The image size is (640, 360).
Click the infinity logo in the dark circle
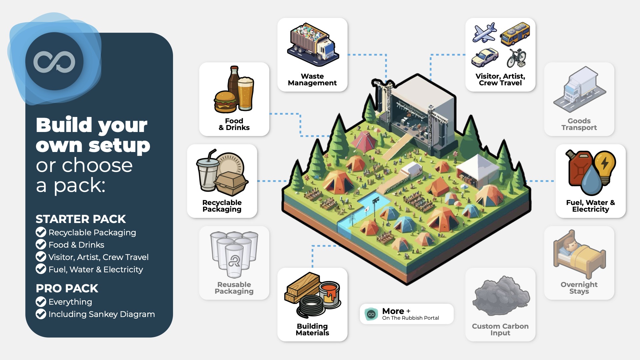54,62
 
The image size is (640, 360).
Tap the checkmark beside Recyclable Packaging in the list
41,232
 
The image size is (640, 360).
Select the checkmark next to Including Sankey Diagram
41,314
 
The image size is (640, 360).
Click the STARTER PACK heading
81,219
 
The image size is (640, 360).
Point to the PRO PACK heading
67,288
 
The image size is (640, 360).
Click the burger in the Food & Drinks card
225,102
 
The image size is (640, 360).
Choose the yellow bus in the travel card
515,34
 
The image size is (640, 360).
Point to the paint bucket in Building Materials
330,293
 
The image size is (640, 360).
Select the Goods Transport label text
579,124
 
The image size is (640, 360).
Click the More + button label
396,311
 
